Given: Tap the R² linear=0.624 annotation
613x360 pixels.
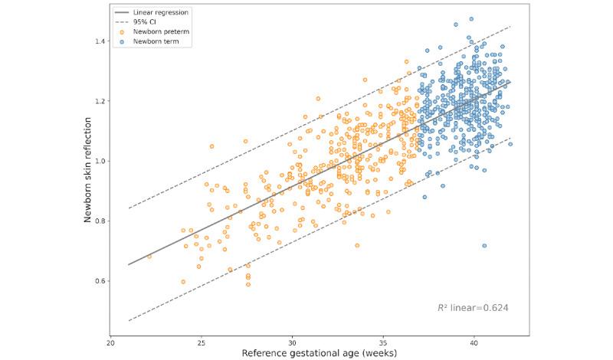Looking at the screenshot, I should (473, 308).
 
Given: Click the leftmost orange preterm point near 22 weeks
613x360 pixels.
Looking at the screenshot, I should (149, 257).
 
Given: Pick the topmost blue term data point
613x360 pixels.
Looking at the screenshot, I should (471, 19).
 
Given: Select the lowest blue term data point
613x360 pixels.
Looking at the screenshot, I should (484, 246).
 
